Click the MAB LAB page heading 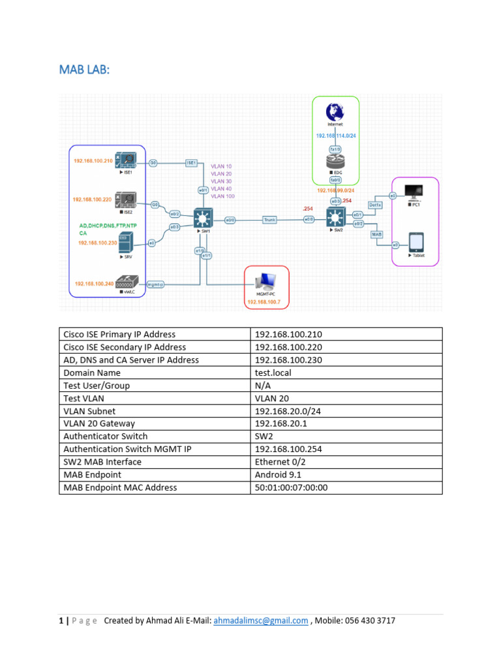83,68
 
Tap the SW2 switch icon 335,217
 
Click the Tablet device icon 416,242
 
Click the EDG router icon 335,162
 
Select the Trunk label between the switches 270,220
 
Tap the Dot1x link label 375,204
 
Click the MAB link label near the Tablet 376,234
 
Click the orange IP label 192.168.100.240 94,284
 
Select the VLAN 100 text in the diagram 222,196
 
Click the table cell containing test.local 273,372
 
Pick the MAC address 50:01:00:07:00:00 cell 291,487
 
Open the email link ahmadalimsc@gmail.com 260,621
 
